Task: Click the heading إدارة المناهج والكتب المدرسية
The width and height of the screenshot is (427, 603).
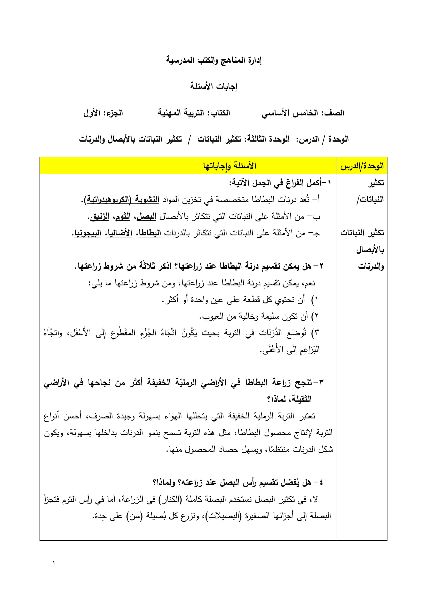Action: tap(213, 60)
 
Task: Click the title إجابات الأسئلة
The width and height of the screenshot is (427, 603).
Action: tap(213, 86)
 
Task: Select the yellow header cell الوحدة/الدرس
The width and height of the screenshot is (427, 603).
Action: tap(362, 166)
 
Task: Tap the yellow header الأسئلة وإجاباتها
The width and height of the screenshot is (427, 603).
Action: tap(230, 166)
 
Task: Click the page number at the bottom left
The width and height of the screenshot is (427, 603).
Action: tap(54, 563)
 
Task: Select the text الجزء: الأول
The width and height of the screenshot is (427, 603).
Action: tap(103, 113)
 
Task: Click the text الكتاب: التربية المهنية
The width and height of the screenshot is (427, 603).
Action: tap(194, 113)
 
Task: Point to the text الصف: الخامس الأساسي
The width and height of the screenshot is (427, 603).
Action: tap(303, 113)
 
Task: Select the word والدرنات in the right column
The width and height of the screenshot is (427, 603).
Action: tap(371, 266)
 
